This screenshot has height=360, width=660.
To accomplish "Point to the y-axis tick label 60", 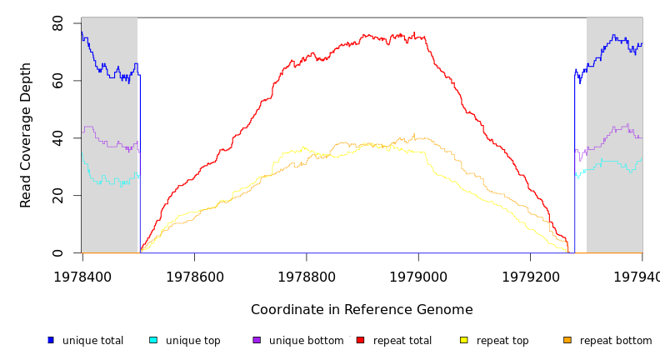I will coord(57,81).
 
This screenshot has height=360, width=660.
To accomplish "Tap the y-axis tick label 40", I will coord(57,138).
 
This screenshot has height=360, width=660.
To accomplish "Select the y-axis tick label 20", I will coord(57,196).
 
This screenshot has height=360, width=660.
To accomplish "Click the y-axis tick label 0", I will coord(57,252).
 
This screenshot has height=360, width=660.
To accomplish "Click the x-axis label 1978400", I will coord(82,277).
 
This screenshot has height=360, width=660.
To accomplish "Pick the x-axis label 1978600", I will coord(194,277).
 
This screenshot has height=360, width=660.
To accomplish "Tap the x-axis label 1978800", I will coord(306,277).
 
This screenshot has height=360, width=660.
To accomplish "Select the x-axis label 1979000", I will coord(418,277).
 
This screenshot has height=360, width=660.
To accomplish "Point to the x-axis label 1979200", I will coord(530,277).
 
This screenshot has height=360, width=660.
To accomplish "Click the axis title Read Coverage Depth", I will coord(27,135).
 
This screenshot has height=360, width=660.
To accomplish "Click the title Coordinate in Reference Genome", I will coord(362,310).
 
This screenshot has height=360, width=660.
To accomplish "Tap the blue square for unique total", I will coord(51,340).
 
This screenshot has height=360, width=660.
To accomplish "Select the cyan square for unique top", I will coord(153,340).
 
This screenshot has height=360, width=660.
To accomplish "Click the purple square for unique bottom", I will coord(257,340).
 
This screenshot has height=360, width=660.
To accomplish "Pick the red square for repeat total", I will coord(360,340).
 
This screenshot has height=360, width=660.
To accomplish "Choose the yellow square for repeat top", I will coord(463,340).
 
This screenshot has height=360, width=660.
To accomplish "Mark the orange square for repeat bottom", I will coord(567,340).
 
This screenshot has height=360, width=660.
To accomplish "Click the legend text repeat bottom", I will coord(616,341).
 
